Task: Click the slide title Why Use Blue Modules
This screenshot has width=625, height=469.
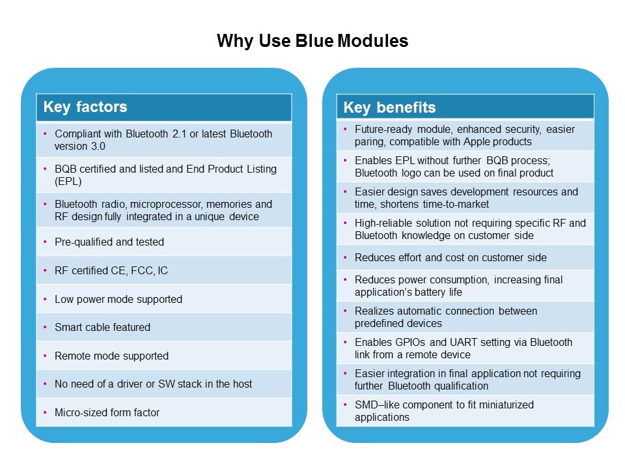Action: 312,41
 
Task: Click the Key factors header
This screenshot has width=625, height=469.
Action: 85,107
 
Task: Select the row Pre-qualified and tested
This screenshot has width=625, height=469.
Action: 109,242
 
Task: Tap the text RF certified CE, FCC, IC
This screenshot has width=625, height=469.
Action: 111,270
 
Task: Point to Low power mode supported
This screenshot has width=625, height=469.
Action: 118,299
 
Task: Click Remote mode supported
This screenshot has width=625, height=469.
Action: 111,356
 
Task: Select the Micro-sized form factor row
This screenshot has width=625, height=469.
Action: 107,412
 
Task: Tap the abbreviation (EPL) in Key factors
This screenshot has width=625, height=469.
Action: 68,181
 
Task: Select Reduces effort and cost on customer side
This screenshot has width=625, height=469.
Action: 451,257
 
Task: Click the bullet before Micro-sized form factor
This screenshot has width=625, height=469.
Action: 45,412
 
